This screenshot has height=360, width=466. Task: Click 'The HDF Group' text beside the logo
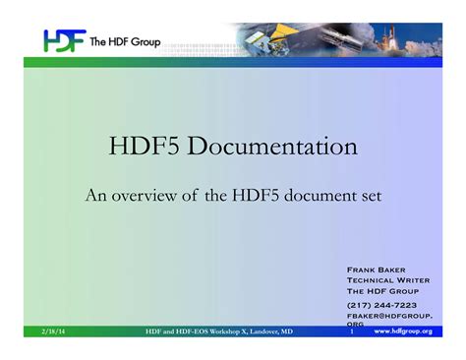point(129,41)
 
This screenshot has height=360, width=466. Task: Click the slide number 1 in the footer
point(351,332)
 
